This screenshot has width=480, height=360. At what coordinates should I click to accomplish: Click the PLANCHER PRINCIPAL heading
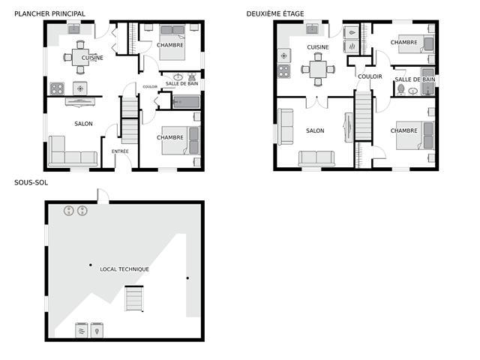50,13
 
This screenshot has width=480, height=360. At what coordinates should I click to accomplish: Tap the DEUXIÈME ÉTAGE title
275,13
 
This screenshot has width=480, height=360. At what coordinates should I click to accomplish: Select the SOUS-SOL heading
31,183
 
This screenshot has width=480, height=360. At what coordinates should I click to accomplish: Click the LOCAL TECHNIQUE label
124,269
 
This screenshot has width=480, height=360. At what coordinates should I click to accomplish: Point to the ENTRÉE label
120,151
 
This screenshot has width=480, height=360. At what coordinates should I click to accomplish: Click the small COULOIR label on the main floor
150,87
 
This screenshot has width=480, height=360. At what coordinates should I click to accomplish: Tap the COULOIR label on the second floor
370,76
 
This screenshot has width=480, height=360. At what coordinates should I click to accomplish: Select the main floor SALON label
83,124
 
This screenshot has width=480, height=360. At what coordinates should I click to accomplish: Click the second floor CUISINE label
318,47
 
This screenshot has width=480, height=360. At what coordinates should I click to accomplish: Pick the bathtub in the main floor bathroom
187,102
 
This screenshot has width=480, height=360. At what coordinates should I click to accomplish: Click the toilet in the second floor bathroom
400,90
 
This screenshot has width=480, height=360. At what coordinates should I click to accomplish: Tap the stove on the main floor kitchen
57,88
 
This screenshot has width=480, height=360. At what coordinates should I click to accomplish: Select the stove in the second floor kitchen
284,71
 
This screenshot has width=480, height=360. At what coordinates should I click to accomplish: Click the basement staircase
134,298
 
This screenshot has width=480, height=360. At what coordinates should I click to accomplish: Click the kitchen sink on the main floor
74,29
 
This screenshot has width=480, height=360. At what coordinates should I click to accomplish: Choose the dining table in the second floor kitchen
318,70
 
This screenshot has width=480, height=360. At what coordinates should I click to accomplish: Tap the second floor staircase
363,115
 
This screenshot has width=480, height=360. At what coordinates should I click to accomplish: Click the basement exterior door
103,196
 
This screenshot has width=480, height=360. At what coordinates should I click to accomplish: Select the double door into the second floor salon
316,103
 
